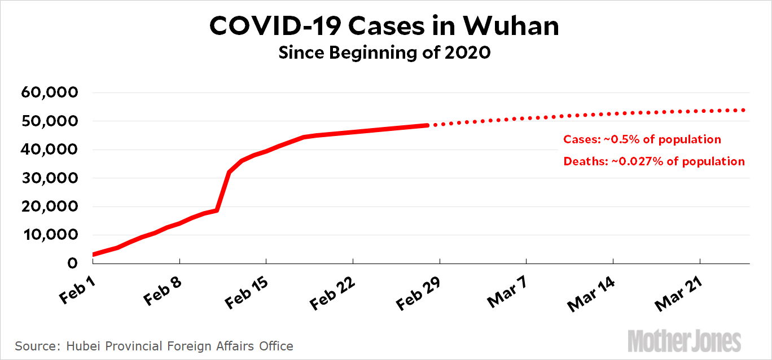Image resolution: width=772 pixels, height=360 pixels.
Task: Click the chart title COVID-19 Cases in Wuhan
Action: click(x=385, y=25)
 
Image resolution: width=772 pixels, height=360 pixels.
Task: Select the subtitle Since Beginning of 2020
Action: click(x=385, y=54)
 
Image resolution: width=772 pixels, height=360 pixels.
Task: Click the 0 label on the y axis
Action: click(x=72, y=264)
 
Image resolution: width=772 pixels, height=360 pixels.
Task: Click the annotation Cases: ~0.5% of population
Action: click(x=642, y=139)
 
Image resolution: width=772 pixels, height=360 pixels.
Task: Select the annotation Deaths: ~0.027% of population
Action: click(x=654, y=161)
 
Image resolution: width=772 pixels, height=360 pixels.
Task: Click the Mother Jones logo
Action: click(x=685, y=341)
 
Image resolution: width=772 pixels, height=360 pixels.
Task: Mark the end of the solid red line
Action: click(x=428, y=125)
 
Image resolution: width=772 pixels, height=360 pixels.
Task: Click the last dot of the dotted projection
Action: click(x=744, y=110)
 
